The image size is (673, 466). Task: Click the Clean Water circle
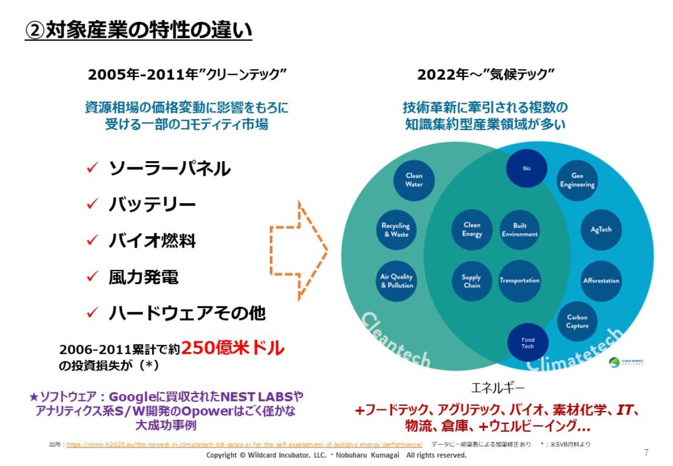(414, 180)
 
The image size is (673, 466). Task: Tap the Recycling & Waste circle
(396, 230)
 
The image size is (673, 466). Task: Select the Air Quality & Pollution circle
(397, 281)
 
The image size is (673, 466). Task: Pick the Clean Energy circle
(472, 230)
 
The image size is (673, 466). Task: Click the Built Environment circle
(519, 230)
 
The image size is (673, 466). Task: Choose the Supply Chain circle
(471, 281)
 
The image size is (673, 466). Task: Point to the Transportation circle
(519, 281)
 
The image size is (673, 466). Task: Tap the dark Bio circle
(527, 168)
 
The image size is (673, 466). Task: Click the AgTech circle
(601, 230)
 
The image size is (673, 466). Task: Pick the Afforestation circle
(601, 281)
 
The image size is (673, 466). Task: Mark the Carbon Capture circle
(577, 322)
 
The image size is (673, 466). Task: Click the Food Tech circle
(528, 343)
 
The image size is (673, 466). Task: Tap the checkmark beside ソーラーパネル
(93, 168)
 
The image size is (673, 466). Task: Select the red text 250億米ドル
(233, 348)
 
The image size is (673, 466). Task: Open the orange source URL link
(245, 445)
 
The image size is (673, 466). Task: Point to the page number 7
(646, 453)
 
